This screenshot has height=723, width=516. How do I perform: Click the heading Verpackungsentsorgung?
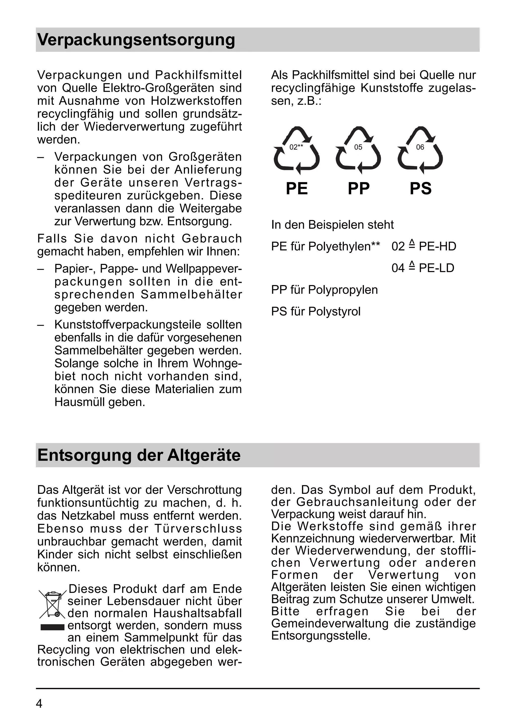[136, 40]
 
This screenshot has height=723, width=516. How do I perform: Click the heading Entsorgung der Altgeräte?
[139, 455]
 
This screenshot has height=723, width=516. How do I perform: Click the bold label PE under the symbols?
[297, 189]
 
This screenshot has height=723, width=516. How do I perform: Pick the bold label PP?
[359, 189]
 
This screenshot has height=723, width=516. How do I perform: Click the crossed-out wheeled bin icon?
[53, 605]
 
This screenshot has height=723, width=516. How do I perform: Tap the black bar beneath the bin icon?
[53, 627]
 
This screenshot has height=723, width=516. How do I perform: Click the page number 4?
[39, 704]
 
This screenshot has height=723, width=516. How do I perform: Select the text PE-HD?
[438, 246]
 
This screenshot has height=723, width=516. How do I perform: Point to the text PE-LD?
[437, 268]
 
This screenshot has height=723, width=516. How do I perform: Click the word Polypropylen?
[343, 290]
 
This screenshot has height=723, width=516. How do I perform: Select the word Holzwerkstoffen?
[196, 101]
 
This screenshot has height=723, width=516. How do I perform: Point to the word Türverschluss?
[198, 528]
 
